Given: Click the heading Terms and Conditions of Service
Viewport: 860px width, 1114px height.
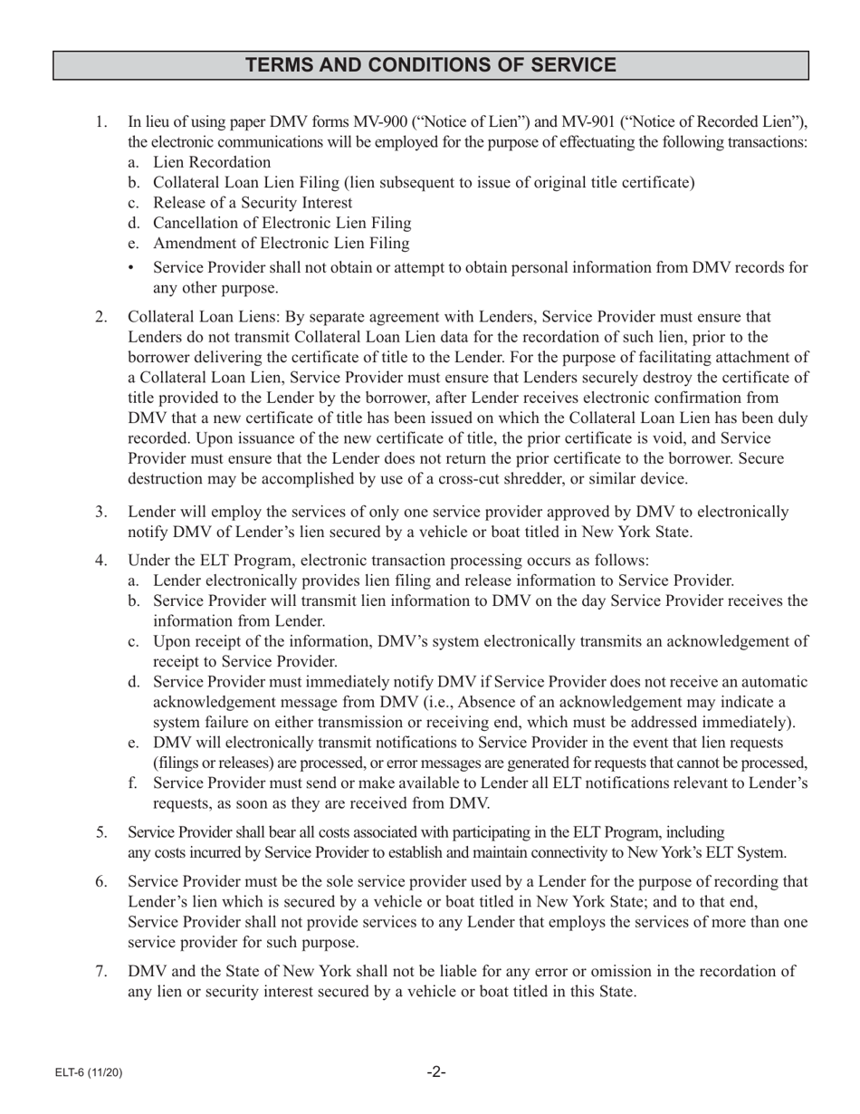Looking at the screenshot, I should point(430,65).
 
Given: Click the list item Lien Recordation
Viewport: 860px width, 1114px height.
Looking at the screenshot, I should point(212,163).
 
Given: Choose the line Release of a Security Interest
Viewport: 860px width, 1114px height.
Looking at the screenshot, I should point(253,203).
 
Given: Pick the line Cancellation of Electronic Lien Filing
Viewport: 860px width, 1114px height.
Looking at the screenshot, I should point(282,224).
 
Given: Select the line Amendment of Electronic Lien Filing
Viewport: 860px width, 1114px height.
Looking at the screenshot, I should point(281,244).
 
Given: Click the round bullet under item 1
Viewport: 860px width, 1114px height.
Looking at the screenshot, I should point(133,268).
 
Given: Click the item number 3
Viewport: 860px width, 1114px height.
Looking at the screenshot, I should point(101,513).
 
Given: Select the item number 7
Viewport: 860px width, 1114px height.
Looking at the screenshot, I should point(101,972).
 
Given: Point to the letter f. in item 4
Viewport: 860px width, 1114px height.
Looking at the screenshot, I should point(133,783).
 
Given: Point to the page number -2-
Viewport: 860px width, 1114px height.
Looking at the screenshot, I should point(436,1072).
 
